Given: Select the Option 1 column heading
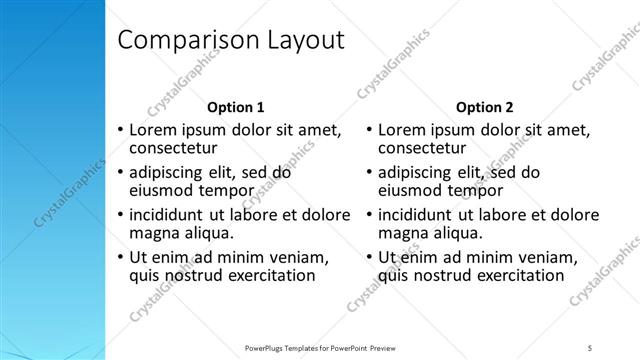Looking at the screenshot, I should coord(236,107).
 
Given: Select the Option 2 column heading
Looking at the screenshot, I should coord(485,107).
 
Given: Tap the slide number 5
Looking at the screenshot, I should coord(590,347).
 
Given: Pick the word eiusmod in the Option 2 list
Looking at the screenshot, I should coord(413,191).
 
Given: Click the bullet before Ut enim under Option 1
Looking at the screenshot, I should coord(121,257).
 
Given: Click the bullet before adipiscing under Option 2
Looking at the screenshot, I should coord(370,173).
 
